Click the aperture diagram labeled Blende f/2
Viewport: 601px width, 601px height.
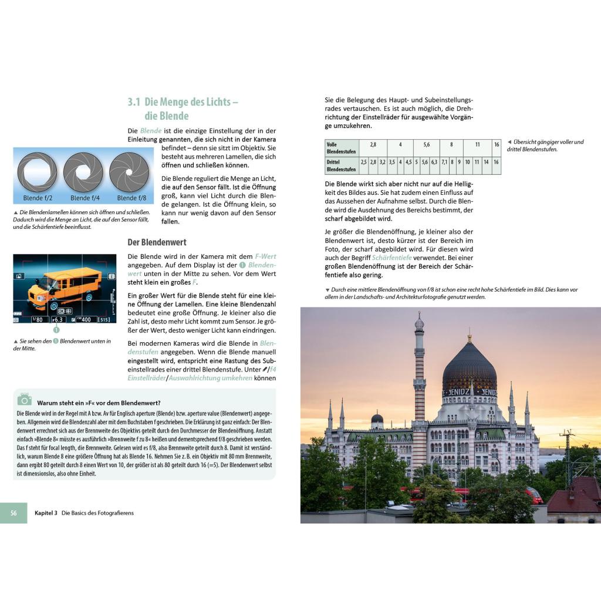tap(37, 173)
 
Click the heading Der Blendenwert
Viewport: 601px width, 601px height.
tap(157, 242)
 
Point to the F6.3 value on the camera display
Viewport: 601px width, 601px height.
tap(58, 319)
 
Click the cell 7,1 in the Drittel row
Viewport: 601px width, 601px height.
tap(444, 162)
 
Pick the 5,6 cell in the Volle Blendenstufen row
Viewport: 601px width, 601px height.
tap(426, 144)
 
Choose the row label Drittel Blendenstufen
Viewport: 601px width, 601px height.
tap(341, 166)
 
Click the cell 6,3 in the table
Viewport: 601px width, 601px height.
tap(434, 162)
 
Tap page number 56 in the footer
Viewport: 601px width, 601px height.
tap(13, 513)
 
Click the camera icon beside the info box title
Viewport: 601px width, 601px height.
tap(24, 400)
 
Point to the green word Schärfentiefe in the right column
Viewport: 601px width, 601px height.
tap(391, 258)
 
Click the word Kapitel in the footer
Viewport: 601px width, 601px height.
tap(45, 513)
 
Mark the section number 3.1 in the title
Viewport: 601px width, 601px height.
tap(134, 102)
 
